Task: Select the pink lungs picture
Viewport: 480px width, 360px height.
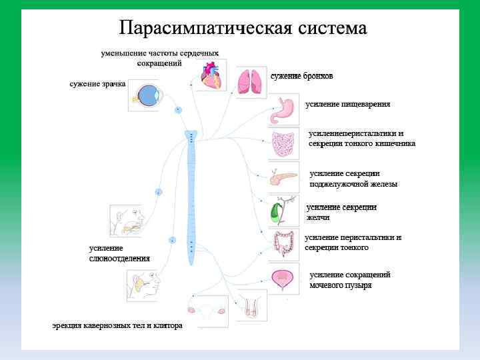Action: (251, 81)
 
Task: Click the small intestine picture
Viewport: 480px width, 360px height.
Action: (285, 143)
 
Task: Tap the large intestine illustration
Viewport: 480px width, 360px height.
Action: (285, 245)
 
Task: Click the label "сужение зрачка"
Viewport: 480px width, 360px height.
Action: (97, 84)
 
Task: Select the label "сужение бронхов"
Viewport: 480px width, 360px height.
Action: (301, 76)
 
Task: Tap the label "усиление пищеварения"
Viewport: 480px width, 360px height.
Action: (347, 105)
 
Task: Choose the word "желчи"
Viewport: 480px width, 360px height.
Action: (318, 217)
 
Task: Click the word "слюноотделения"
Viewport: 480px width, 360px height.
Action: (119, 258)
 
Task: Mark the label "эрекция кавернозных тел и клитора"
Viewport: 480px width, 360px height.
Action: (117, 326)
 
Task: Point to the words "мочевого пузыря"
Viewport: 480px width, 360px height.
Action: (340, 285)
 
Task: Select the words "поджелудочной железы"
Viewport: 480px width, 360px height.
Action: (353, 184)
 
